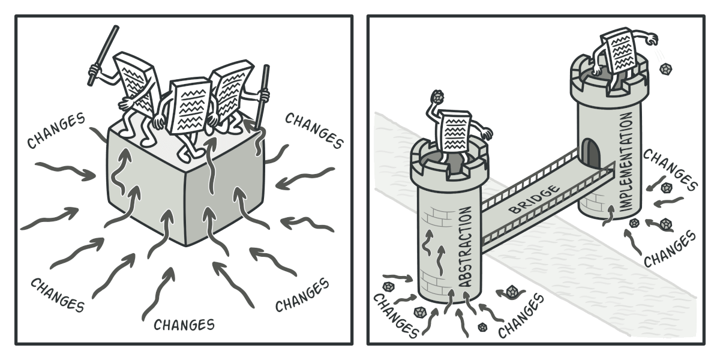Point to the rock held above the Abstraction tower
(x=437, y=96)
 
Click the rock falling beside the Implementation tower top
(x=665, y=69)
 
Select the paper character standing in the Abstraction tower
(x=457, y=138)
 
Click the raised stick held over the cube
(x=103, y=56)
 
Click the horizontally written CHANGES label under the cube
(x=184, y=325)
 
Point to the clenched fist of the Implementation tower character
(x=652, y=40)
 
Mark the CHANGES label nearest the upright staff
(x=314, y=130)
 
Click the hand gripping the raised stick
(x=94, y=70)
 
